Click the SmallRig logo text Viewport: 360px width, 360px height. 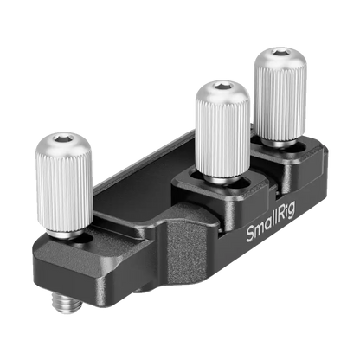pyautogui.click(x=271, y=222)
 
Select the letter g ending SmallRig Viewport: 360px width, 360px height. pyautogui.click(x=292, y=211)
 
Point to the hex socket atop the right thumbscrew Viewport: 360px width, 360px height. pyautogui.click(x=280, y=52)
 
